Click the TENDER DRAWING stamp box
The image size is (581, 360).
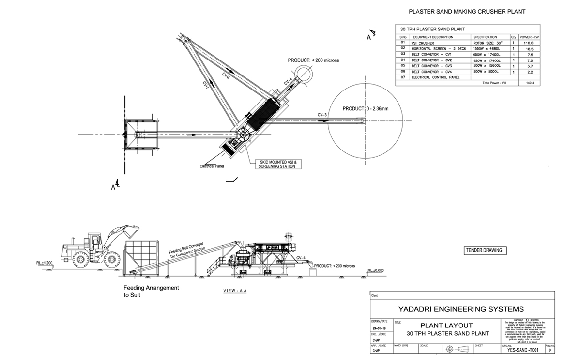[484, 250]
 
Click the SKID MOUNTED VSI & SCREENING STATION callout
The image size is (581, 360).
[277, 163]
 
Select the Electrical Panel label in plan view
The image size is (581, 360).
[213, 166]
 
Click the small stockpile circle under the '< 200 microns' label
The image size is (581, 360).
[306, 74]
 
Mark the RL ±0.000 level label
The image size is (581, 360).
[376, 270]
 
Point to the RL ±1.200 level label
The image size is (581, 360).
[44, 263]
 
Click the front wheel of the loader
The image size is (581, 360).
[111, 261]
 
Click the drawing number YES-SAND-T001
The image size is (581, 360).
[521, 352]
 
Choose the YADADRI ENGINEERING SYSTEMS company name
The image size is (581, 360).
[460, 309]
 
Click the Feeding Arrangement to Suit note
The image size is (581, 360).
[151, 291]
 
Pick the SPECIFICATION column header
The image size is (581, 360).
[485, 37]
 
